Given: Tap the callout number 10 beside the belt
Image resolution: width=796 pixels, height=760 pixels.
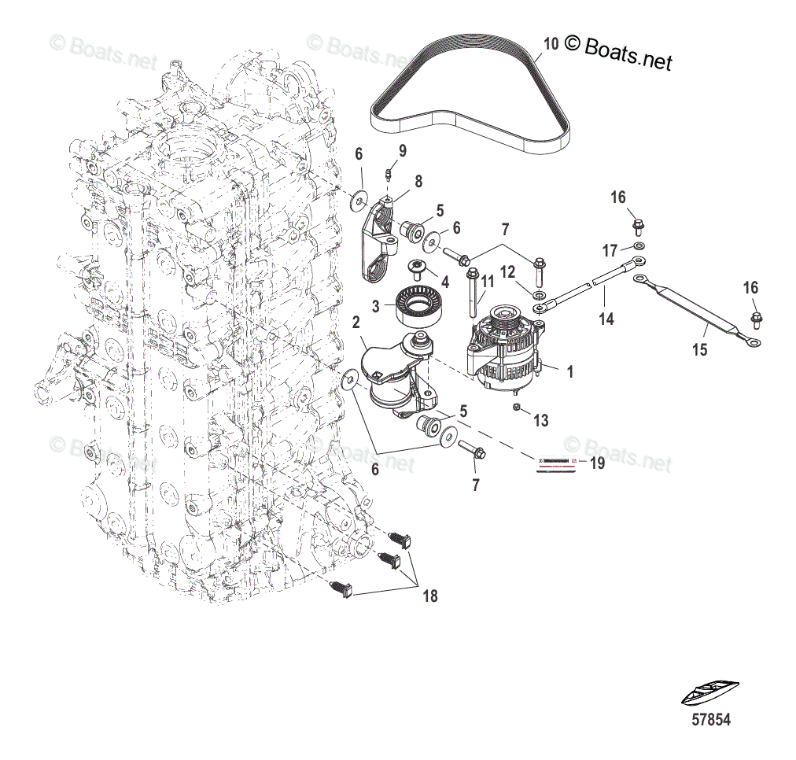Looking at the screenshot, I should pyautogui.click(x=551, y=44).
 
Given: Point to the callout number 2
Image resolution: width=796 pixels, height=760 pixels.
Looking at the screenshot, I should pyautogui.click(x=356, y=322).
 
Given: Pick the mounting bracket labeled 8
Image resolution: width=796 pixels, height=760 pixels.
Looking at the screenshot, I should pyautogui.click(x=376, y=244).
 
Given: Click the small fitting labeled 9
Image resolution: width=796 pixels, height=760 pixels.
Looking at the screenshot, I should pyautogui.click(x=388, y=175).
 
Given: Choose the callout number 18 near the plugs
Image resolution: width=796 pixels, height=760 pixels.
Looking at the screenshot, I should pyautogui.click(x=429, y=596).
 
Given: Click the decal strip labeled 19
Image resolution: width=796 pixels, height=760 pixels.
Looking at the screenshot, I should pyautogui.click(x=558, y=463).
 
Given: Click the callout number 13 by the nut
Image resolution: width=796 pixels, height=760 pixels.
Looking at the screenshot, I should pyautogui.click(x=540, y=421).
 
